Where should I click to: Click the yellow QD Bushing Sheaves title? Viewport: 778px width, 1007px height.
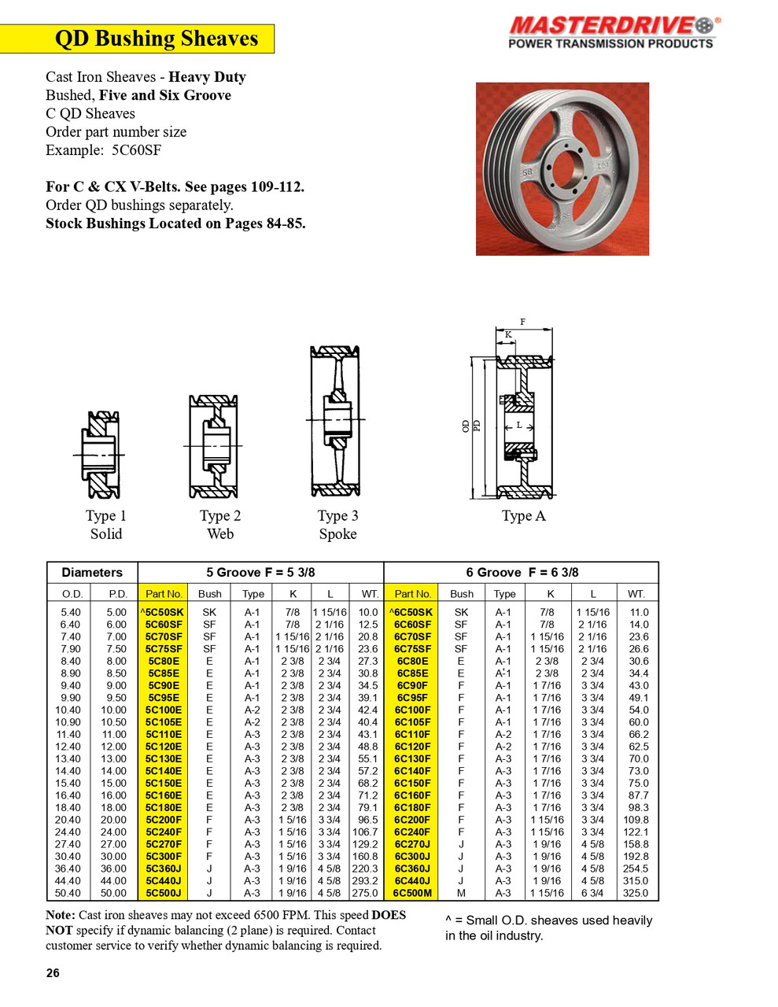(156, 39)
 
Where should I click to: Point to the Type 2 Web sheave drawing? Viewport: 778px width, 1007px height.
(213, 446)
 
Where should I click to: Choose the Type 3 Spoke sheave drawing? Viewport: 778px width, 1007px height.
(336, 422)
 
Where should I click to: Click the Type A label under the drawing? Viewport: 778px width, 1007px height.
(523, 516)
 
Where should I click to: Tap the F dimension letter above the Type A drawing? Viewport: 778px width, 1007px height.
(522, 322)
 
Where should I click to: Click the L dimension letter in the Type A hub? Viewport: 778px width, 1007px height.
(519, 425)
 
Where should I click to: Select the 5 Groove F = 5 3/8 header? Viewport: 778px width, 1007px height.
(260, 573)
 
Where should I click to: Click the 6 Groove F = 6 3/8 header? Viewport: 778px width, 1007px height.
(522, 573)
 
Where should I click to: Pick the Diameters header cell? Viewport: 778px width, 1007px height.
(92, 573)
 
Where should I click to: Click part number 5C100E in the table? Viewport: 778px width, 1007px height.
(164, 710)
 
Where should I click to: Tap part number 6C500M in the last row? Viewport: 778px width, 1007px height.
(412, 893)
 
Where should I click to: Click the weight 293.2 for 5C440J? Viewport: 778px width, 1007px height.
(365, 880)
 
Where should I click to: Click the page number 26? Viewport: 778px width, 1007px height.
(53, 973)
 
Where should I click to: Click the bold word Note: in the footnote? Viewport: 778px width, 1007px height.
(61, 915)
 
